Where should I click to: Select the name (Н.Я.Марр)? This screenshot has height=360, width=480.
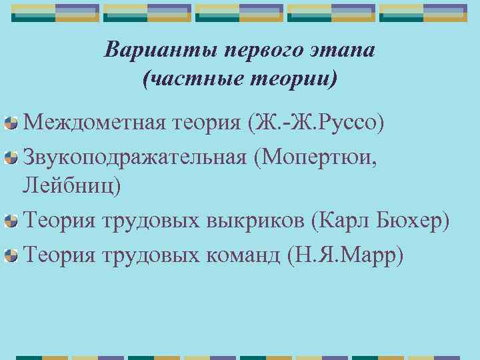[344, 253]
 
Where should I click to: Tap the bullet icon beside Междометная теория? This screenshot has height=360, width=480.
[10, 124]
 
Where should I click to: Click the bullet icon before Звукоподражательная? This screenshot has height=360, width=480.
[10, 157]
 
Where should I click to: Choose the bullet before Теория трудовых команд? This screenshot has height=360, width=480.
[10, 255]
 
